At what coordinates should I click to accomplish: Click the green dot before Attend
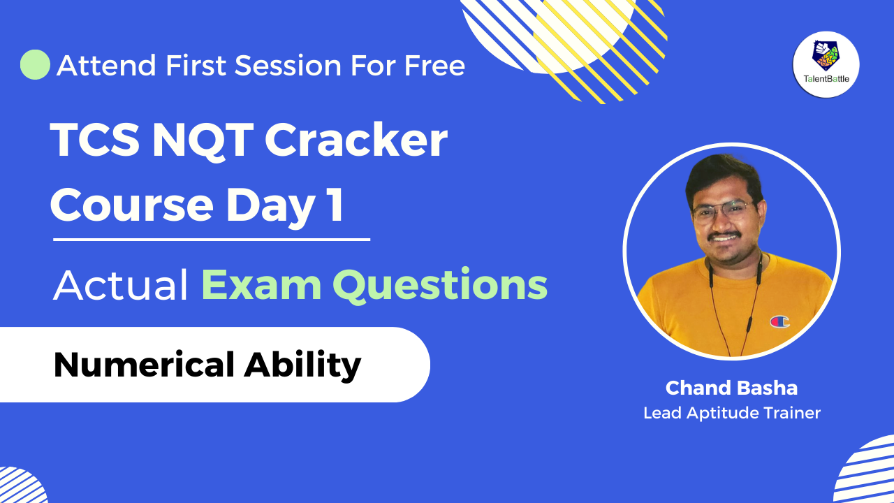(35, 65)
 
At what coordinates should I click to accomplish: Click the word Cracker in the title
(356, 140)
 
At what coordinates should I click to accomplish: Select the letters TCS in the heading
(95, 140)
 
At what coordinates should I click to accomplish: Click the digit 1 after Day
(336, 205)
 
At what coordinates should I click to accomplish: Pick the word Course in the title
(132, 205)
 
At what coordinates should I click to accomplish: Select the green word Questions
(440, 286)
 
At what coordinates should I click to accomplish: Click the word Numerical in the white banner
(144, 365)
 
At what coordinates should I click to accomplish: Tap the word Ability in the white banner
(302, 366)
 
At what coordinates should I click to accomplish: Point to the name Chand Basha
(731, 388)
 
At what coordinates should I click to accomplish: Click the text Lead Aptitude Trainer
(731, 413)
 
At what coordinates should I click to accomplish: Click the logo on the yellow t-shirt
(779, 322)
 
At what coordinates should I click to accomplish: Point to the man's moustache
(724, 235)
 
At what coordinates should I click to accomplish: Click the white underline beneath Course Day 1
(212, 240)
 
